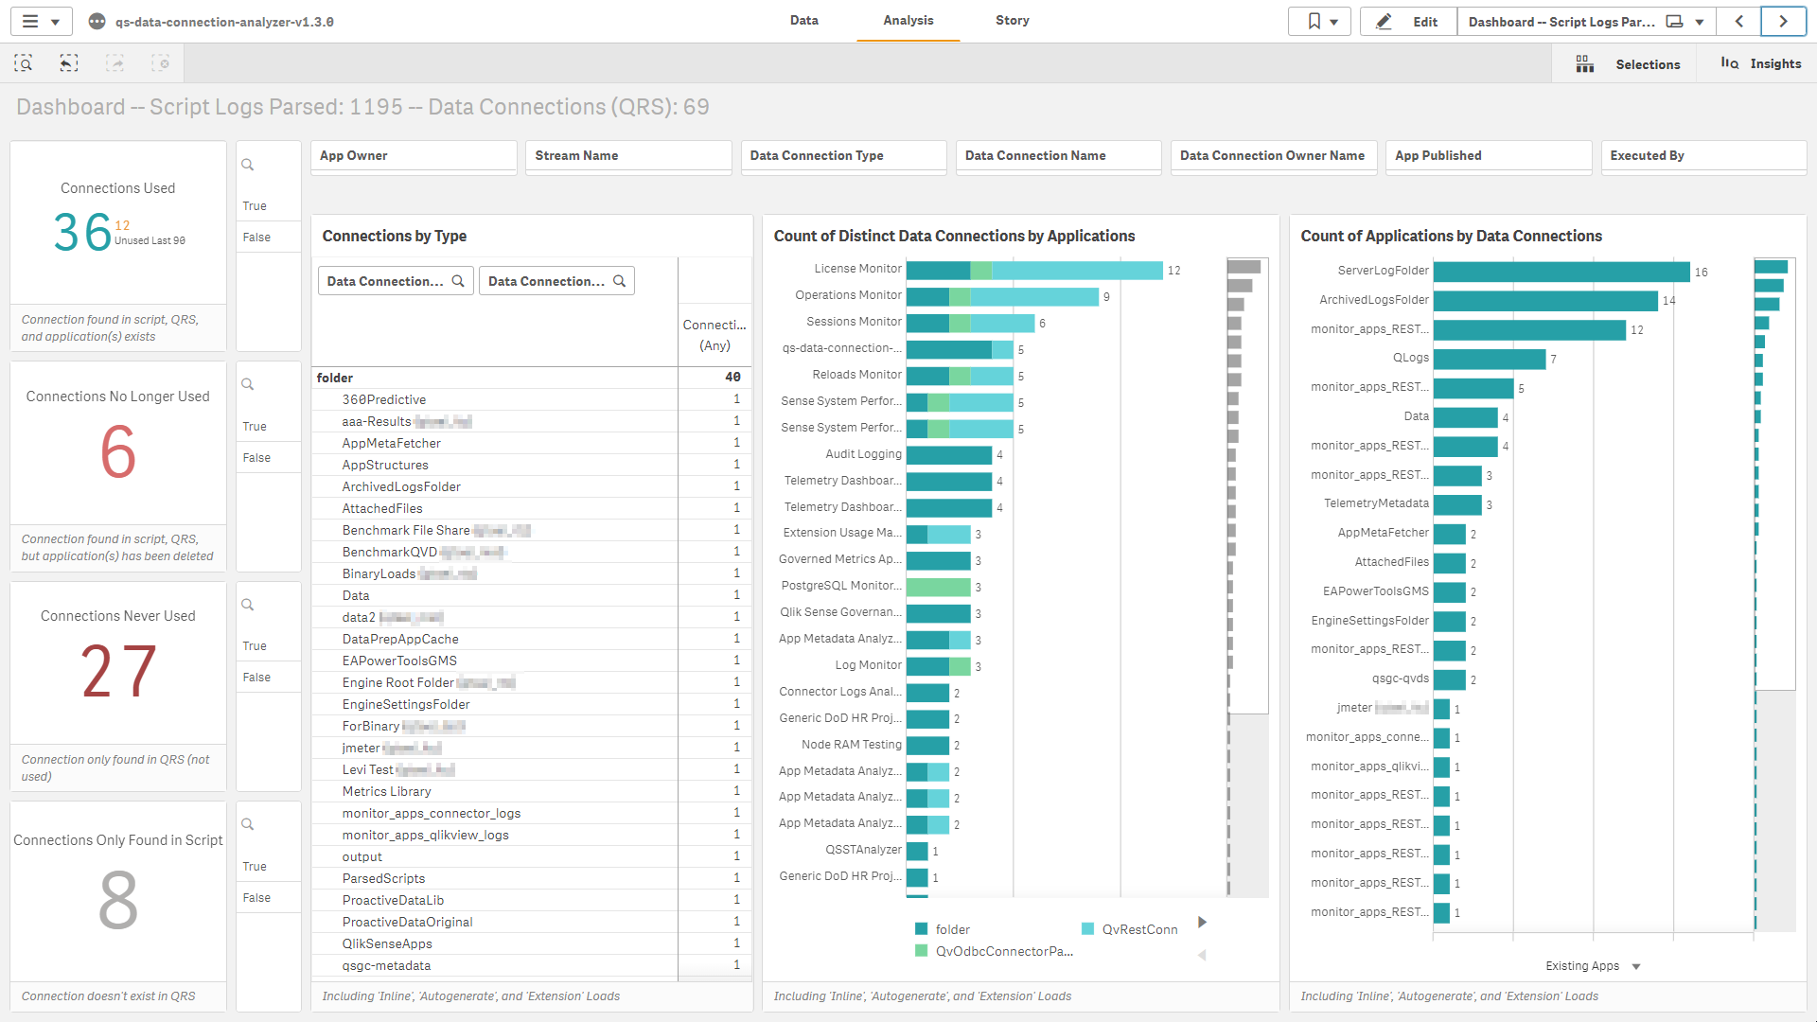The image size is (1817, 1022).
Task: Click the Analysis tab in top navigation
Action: pyautogui.click(x=908, y=21)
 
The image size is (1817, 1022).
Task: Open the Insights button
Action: pyautogui.click(x=1761, y=63)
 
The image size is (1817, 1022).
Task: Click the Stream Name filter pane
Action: pyautogui.click(x=627, y=156)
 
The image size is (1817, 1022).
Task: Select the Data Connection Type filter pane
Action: pyautogui.click(x=842, y=156)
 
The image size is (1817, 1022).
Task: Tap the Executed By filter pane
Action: pyautogui.click(x=1702, y=156)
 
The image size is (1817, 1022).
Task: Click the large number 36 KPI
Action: pyautogui.click(x=82, y=233)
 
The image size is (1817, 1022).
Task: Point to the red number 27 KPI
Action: pyautogui.click(x=118, y=672)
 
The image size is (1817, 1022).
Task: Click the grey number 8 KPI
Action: pyautogui.click(x=118, y=901)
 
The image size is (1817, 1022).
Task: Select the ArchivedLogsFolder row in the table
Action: pyautogui.click(x=401, y=486)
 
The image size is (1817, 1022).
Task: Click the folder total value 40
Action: pyautogui.click(x=732, y=377)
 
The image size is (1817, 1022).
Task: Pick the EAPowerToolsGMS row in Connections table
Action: pyautogui.click(x=399, y=661)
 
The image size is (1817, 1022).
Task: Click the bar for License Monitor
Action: pyautogui.click(x=1033, y=271)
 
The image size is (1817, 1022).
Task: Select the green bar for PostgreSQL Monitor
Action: pyautogui.click(x=938, y=587)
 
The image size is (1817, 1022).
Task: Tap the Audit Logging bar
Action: pyautogui.click(x=948, y=455)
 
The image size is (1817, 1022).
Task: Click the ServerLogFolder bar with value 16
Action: pyautogui.click(x=1561, y=272)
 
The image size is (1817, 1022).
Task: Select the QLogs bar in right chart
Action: pyautogui.click(x=1489, y=359)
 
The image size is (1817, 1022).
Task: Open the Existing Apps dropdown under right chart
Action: pyautogui.click(x=1593, y=966)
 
